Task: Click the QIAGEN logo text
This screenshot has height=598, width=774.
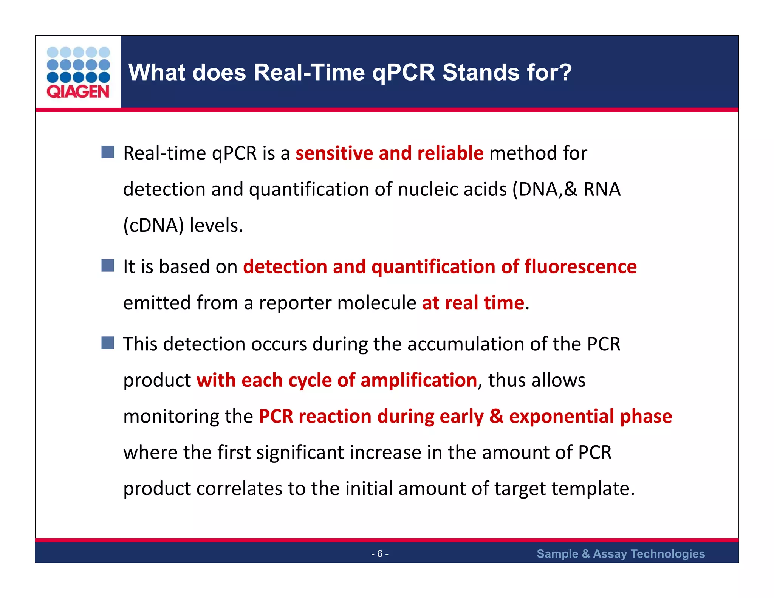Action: [78, 92]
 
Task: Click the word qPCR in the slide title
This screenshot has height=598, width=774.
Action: [404, 73]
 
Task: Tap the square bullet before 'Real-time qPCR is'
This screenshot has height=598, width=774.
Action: [108, 152]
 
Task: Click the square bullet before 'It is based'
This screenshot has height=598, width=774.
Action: [108, 265]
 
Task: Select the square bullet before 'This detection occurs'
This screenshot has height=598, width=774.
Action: [108, 343]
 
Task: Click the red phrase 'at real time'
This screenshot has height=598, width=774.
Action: [473, 303]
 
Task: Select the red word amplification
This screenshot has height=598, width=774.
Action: [418, 380]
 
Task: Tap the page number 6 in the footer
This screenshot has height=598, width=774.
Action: [380, 554]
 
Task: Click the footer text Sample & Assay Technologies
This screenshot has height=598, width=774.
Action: [621, 554]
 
